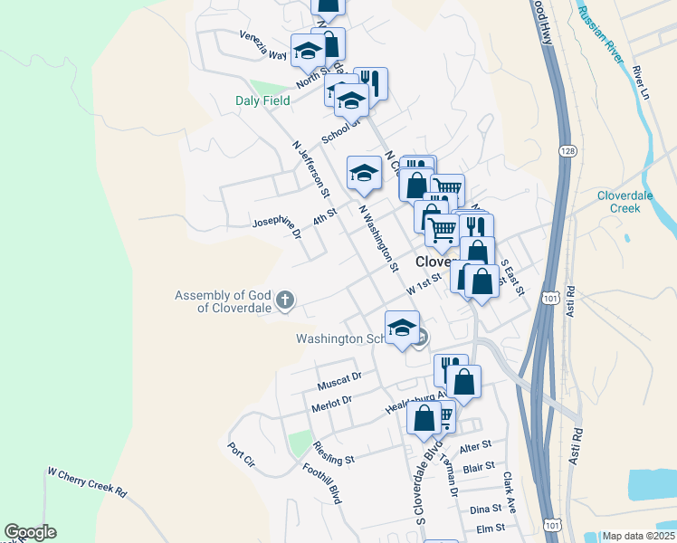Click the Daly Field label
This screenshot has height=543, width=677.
tap(263, 100)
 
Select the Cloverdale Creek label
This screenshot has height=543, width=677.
tap(631, 202)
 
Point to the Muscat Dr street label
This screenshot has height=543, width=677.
tap(339, 380)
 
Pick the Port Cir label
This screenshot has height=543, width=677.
tap(242, 454)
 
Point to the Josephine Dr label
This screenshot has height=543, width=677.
tap(277, 227)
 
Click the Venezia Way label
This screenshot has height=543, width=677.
tap(263, 44)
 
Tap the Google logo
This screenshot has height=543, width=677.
tap(30, 532)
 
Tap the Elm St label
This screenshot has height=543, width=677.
tap(490, 529)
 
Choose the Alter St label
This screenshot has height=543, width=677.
tap(474, 446)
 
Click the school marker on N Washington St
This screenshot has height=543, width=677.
tap(364, 172)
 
